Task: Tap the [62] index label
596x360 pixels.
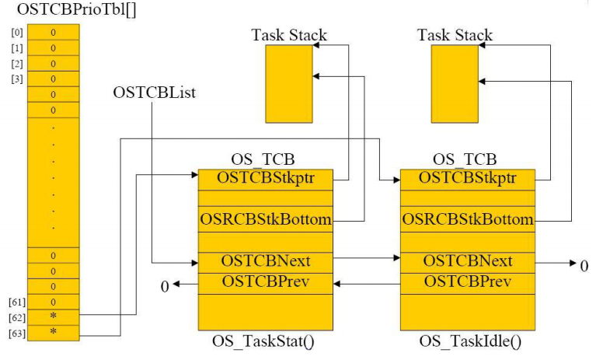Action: point(16,317)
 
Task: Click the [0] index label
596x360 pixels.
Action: point(16,32)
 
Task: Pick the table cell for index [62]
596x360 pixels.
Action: point(53,317)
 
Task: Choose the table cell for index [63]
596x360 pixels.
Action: point(53,333)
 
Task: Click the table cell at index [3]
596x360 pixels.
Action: point(53,79)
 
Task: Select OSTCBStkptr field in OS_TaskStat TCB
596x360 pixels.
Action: point(266,178)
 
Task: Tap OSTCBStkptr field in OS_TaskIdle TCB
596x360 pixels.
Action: point(468,178)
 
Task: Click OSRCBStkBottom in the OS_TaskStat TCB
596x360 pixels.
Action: point(266,219)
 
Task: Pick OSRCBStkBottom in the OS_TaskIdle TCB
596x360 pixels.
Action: point(468,219)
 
